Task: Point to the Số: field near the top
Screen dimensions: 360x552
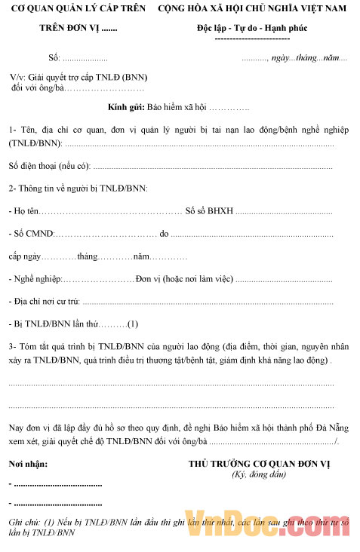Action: coord(54,58)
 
